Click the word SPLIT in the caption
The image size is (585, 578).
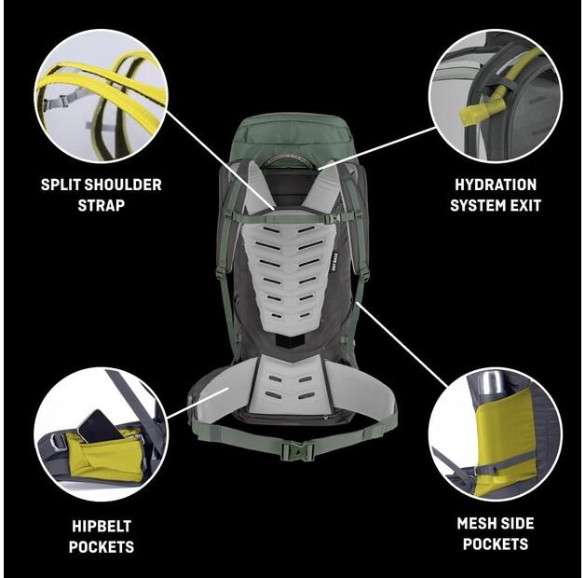point(61,185)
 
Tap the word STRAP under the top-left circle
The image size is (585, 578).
point(101,204)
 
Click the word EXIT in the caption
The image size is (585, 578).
point(523,204)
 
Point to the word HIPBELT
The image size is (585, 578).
point(101,526)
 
